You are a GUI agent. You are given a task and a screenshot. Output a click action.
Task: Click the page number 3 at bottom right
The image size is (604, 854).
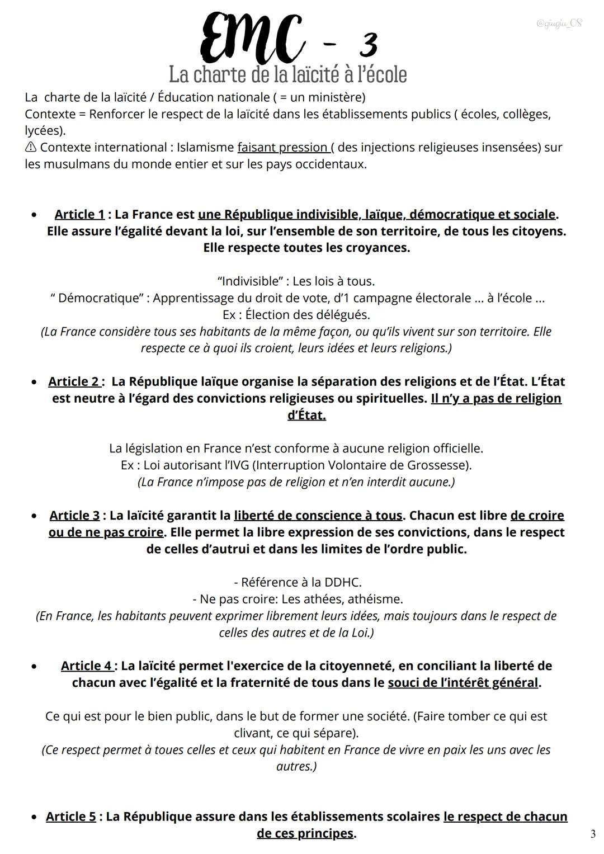tap(592, 834)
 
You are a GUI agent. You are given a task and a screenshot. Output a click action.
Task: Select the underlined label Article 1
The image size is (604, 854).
tap(79, 214)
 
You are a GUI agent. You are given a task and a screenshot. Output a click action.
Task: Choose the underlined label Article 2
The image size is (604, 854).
tap(73, 381)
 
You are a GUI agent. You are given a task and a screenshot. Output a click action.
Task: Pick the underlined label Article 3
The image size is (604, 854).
tap(74, 515)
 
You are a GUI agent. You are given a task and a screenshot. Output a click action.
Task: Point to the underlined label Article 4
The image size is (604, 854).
tap(86, 666)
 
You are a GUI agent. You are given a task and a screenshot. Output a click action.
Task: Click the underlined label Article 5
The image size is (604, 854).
tap(70, 817)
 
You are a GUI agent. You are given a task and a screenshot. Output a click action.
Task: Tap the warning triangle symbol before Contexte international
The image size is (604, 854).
tap(31, 148)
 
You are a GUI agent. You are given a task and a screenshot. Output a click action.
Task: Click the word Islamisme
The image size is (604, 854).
tap(205, 148)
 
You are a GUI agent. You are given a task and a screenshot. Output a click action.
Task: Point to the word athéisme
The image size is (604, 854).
tap(375, 599)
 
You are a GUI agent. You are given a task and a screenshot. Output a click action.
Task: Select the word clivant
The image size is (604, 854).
tap(252, 733)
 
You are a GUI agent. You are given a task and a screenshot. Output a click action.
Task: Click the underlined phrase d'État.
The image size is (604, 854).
tap(306, 415)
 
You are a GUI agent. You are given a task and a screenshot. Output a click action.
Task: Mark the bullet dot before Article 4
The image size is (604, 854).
tap(35, 667)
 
